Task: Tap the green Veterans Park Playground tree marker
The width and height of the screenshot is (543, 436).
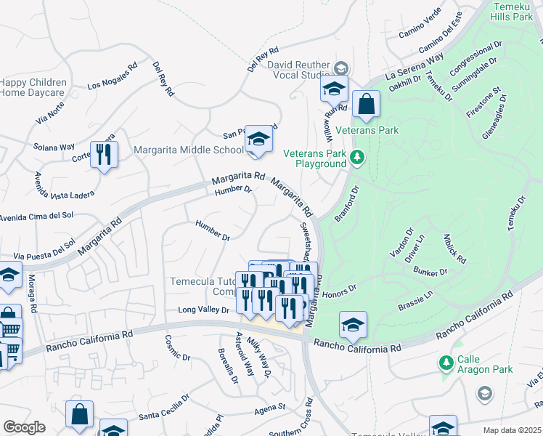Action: (x=356, y=157)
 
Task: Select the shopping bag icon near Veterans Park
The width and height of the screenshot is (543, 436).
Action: (x=367, y=105)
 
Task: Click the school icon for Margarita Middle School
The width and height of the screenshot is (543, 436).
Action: (x=258, y=139)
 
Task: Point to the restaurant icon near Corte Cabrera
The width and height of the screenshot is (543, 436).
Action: (x=104, y=154)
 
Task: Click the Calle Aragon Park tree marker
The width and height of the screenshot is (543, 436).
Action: (x=446, y=361)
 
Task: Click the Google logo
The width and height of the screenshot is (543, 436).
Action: (x=24, y=427)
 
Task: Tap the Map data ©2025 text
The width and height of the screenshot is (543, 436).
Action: (x=512, y=430)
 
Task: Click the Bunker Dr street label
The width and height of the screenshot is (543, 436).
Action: (x=431, y=272)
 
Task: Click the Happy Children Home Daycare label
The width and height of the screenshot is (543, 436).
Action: (x=33, y=87)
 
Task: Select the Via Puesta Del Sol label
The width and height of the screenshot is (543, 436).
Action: (x=44, y=249)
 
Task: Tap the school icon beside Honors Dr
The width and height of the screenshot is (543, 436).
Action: (x=353, y=326)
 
